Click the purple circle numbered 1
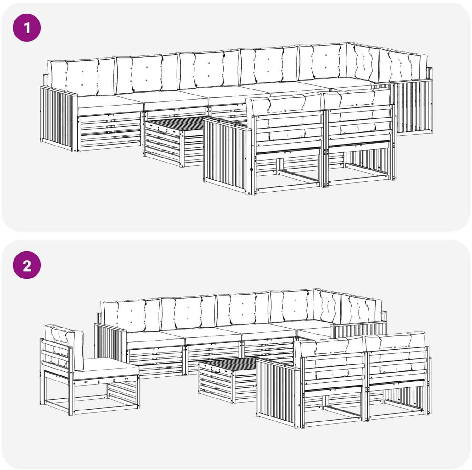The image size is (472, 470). [x=27, y=27]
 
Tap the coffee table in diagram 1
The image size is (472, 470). [x=173, y=142]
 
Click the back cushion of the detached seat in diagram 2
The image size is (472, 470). [x=65, y=345]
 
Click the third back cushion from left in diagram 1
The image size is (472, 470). [x=209, y=69]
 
